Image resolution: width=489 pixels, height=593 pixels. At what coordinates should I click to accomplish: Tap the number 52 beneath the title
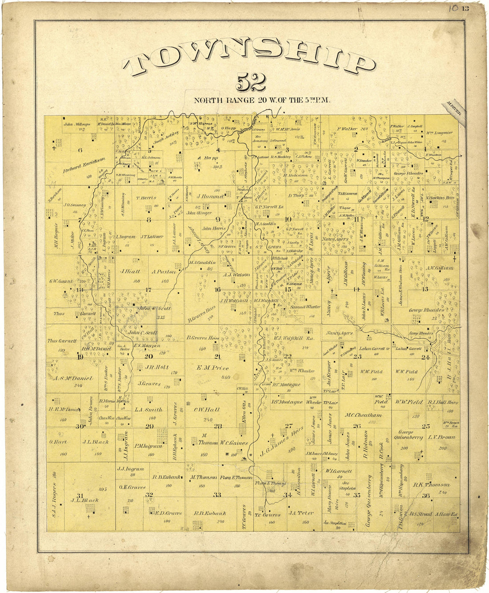[251, 82]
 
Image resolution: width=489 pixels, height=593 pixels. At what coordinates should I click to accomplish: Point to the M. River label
[454, 109]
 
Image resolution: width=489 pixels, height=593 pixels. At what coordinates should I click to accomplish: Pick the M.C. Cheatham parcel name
[364, 415]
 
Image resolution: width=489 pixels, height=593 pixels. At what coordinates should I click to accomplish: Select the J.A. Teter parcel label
[301, 512]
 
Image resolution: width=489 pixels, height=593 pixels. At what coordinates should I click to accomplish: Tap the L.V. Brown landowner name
[441, 437]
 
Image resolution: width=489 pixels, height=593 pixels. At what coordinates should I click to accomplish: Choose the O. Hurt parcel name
[58, 442]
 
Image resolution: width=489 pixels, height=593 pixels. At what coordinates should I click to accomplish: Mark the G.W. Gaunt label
[61, 281]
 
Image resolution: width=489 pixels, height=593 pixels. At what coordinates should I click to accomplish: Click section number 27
[289, 425]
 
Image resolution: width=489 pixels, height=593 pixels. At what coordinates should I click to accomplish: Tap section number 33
[217, 494]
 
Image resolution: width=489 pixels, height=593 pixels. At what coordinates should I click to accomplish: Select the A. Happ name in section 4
[206, 158]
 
